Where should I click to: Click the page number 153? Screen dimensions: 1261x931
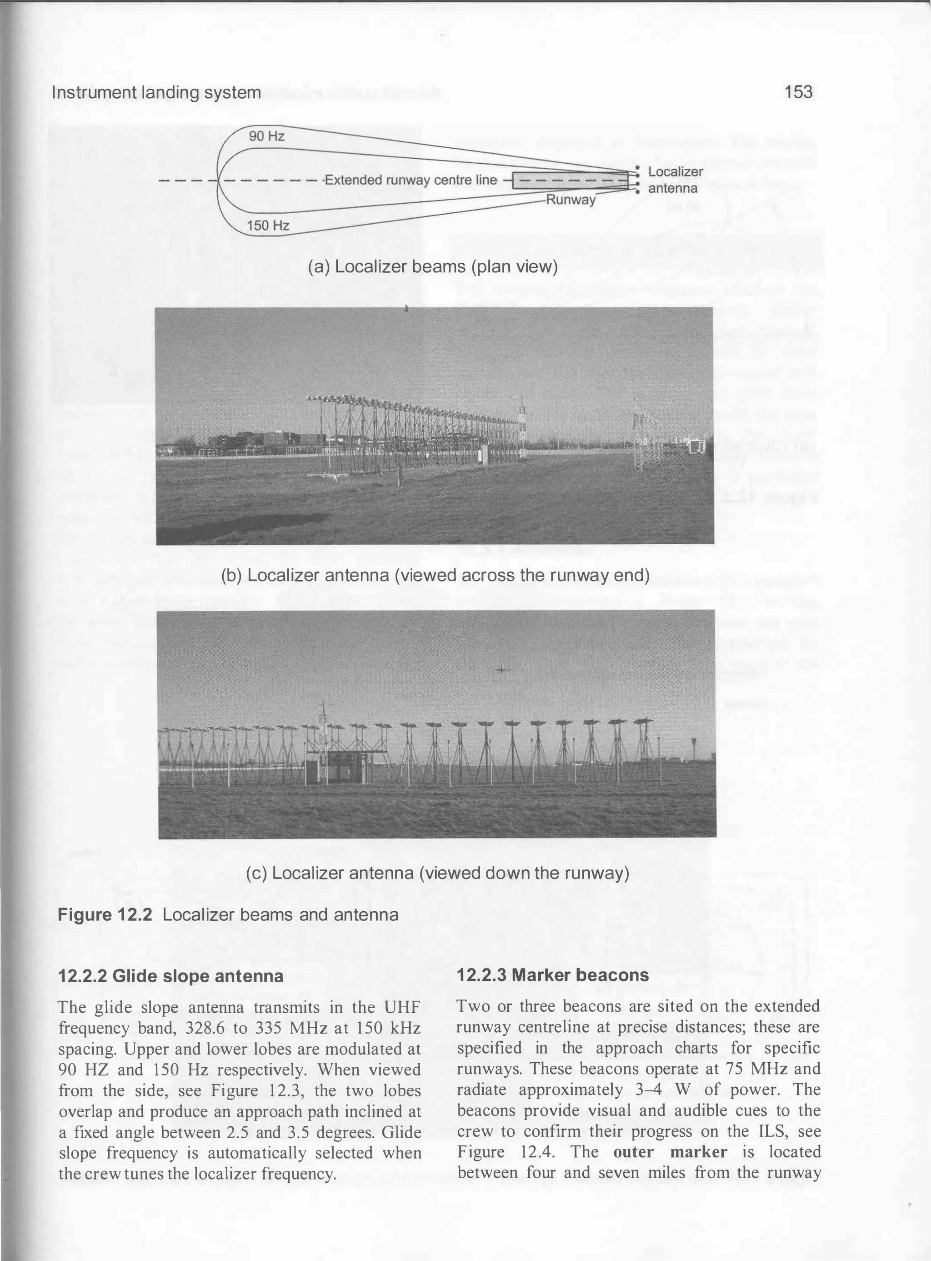click(x=798, y=92)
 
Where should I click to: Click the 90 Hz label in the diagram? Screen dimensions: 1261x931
click(x=266, y=136)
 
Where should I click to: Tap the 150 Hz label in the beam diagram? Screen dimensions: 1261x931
click(x=268, y=226)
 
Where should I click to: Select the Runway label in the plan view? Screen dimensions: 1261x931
click(x=571, y=200)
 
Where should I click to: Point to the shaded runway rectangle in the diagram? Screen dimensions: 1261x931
click(x=569, y=181)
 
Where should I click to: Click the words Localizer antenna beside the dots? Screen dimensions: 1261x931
click(x=674, y=180)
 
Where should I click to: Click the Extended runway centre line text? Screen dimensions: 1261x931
click(x=411, y=181)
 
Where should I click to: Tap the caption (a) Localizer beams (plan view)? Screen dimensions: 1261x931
click(x=432, y=266)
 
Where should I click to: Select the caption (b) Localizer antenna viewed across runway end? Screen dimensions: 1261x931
click(x=435, y=576)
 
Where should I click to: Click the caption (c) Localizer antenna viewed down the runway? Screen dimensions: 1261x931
click(x=437, y=873)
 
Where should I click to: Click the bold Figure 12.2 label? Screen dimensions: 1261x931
click(x=105, y=914)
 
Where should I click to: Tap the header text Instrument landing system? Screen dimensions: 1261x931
click(x=156, y=92)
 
